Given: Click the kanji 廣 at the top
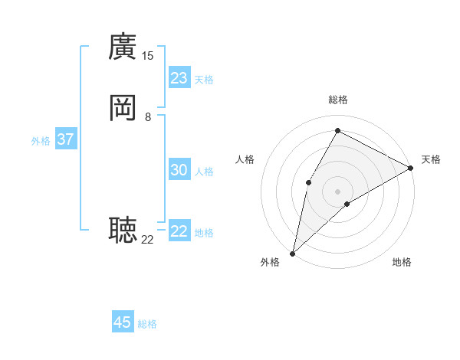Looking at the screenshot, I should coord(123,47).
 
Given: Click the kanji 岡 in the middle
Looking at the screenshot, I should coord(123,109).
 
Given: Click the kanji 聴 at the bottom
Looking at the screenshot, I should coord(123,229).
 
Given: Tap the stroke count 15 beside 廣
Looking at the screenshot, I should coord(148,56).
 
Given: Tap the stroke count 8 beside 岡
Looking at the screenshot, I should coord(148,117).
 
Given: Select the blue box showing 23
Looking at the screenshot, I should coord(179,78).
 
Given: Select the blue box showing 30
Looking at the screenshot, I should coord(179,170).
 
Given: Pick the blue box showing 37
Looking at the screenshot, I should coord(65,139).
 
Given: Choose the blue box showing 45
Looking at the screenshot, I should coord(123,322).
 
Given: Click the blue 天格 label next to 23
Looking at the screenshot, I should coord(204,80).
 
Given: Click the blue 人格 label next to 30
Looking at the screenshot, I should coord(204,172).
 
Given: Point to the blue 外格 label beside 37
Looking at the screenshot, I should coord(41,141).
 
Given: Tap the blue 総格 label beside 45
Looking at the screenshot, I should coord(147,324).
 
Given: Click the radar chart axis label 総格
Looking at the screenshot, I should coord(337,100).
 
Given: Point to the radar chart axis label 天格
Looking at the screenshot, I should coord(431,159).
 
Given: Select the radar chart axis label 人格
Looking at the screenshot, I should coord(245,159).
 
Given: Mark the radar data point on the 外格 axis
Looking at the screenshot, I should coord(292,253).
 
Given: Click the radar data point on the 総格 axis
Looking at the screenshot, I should coord(337,129).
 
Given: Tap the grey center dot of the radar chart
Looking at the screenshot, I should coord(337,191).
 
